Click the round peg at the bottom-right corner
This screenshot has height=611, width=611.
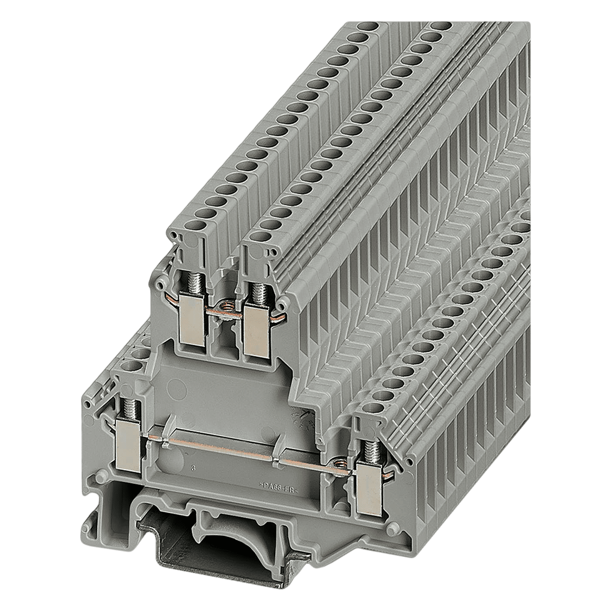[x=393, y=530]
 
